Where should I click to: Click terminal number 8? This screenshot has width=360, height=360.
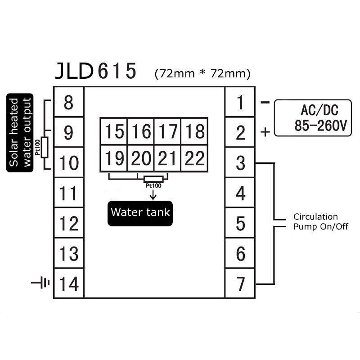click(69, 103)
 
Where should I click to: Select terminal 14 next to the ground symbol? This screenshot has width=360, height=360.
click(69, 283)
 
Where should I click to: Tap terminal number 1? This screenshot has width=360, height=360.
click(240, 103)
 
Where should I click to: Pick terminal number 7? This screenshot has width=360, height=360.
click(240, 283)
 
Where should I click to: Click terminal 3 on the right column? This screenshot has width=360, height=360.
click(240, 163)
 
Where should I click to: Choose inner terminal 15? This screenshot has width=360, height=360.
click(114, 132)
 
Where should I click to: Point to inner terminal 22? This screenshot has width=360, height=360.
click(194, 158)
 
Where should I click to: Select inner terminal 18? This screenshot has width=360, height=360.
click(194, 132)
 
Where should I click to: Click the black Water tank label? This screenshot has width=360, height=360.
click(140, 213)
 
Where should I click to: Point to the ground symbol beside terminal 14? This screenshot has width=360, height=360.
click(40, 283)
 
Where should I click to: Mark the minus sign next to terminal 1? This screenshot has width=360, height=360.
click(265, 103)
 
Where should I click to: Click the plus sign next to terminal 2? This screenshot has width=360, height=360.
click(265, 132)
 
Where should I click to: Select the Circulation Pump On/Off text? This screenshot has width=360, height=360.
click(320, 222)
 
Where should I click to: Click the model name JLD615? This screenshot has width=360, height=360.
click(95, 72)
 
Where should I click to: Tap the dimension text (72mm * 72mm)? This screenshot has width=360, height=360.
click(202, 73)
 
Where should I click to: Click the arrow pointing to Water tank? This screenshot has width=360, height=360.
click(153, 194)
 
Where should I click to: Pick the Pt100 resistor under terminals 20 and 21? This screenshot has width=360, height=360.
click(153, 179)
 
